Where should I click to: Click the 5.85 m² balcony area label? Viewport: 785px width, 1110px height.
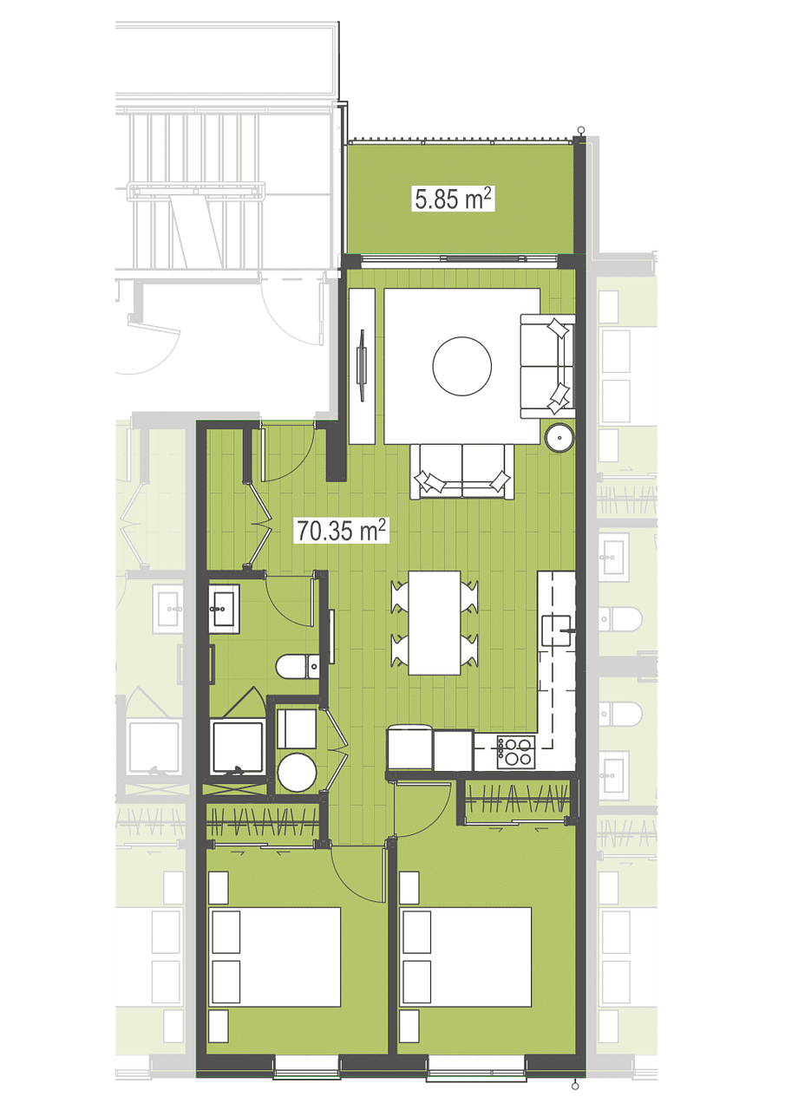click(x=454, y=199)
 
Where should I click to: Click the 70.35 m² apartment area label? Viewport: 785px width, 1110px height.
click(x=341, y=530)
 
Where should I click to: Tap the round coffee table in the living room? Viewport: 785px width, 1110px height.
click(x=461, y=366)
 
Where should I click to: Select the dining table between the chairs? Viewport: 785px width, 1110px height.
click(x=435, y=623)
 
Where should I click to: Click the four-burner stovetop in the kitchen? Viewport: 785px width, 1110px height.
click(x=516, y=752)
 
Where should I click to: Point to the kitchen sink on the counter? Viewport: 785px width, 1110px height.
click(x=558, y=630)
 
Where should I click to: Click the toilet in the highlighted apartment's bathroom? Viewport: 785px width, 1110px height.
click(x=298, y=667)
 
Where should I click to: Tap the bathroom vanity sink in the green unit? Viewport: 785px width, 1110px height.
click(x=224, y=609)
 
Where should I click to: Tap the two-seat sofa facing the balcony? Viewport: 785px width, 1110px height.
click(x=462, y=471)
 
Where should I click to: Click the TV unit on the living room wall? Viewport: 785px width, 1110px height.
click(x=362, y=366)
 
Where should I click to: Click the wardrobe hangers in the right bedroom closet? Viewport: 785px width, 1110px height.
click(x=517, y=799)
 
